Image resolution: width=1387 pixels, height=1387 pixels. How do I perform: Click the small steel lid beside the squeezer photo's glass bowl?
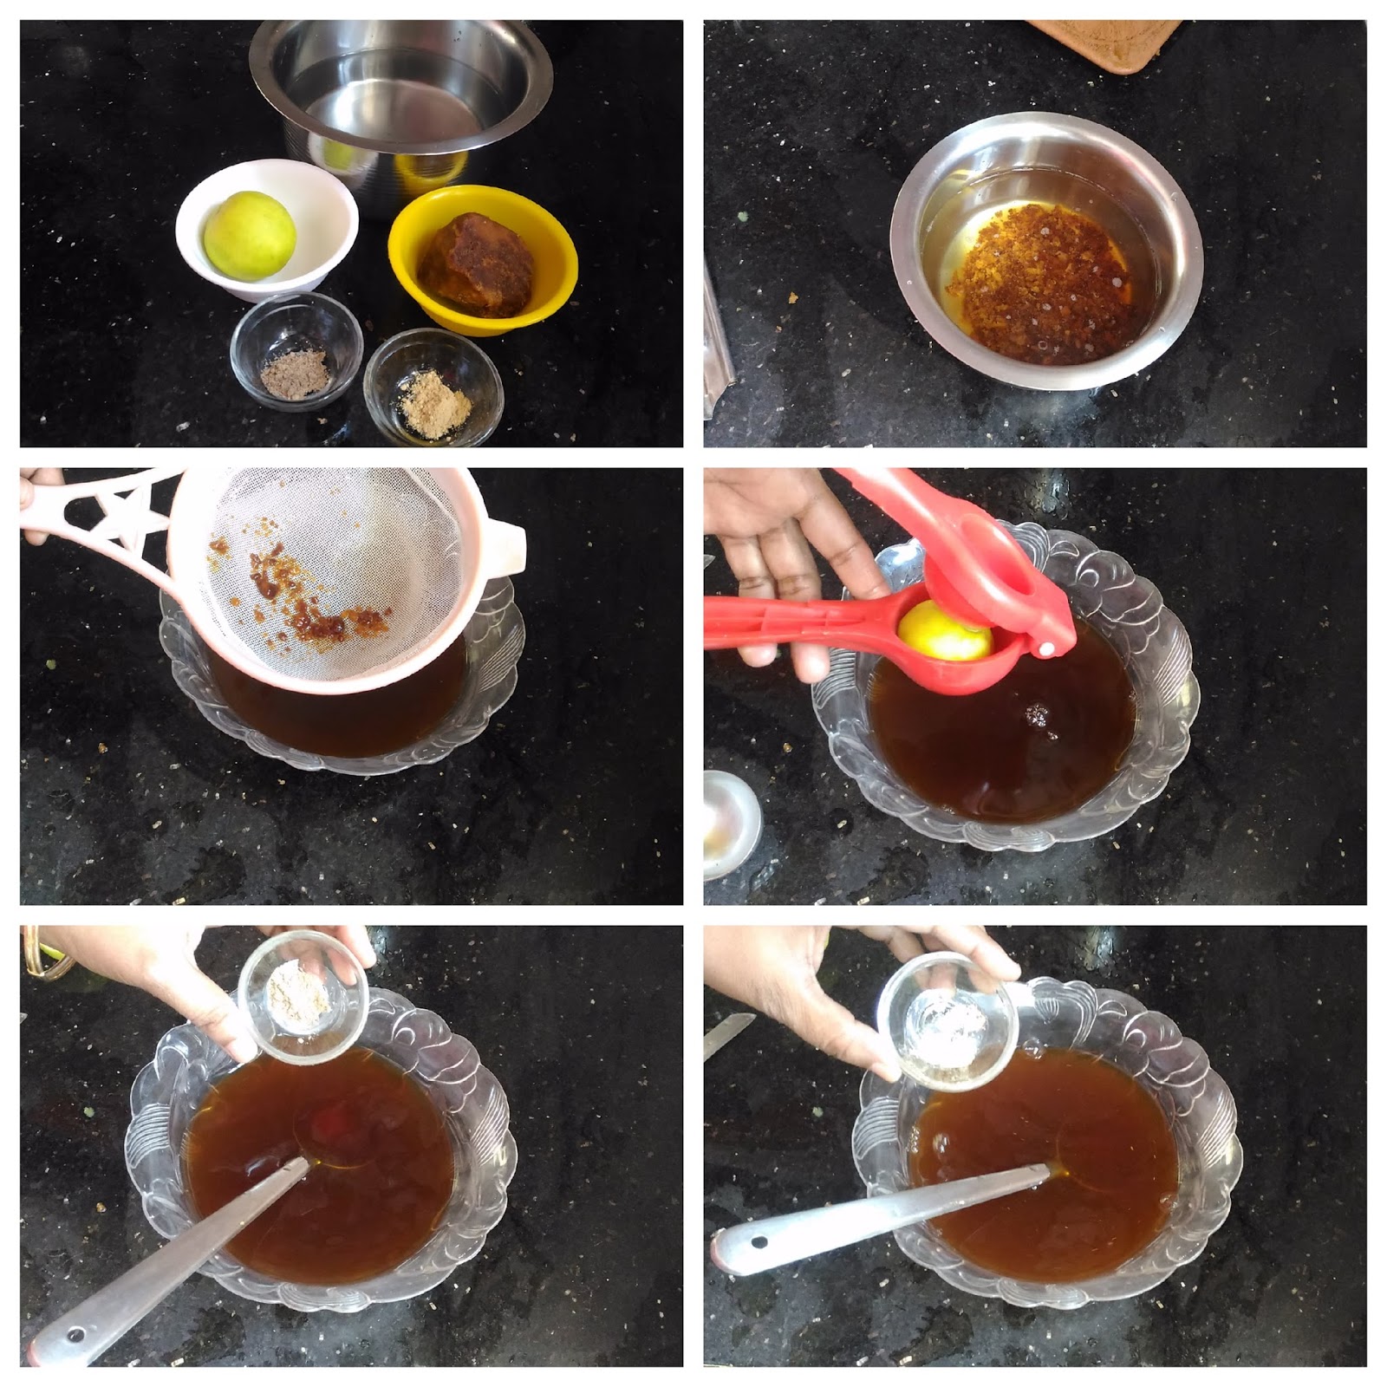(731, 819)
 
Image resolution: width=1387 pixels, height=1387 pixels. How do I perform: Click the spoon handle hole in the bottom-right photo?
(760, 1242)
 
